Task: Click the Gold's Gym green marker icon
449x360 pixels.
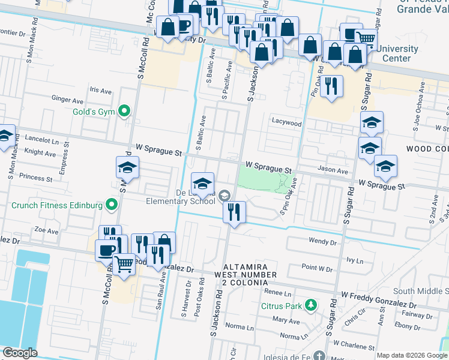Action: coord(124,110)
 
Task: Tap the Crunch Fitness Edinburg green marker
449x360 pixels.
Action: coord(112,205)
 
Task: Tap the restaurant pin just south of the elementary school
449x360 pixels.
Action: coord(234,212)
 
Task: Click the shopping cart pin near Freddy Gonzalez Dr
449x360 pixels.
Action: coord(124,262)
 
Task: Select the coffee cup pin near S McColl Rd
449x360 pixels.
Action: coord(107,250)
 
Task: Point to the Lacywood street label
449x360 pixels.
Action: coord(286,122)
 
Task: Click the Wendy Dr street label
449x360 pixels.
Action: coord(322,242)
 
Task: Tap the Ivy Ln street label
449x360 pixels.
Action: coord(355,261)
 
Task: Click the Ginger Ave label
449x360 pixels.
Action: coord(67,100)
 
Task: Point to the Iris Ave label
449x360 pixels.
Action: coord(100,90)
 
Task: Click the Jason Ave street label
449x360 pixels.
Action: coord(333,170)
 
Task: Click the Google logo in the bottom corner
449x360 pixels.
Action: coord(20,353)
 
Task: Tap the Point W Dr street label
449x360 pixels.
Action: coord(317,268)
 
